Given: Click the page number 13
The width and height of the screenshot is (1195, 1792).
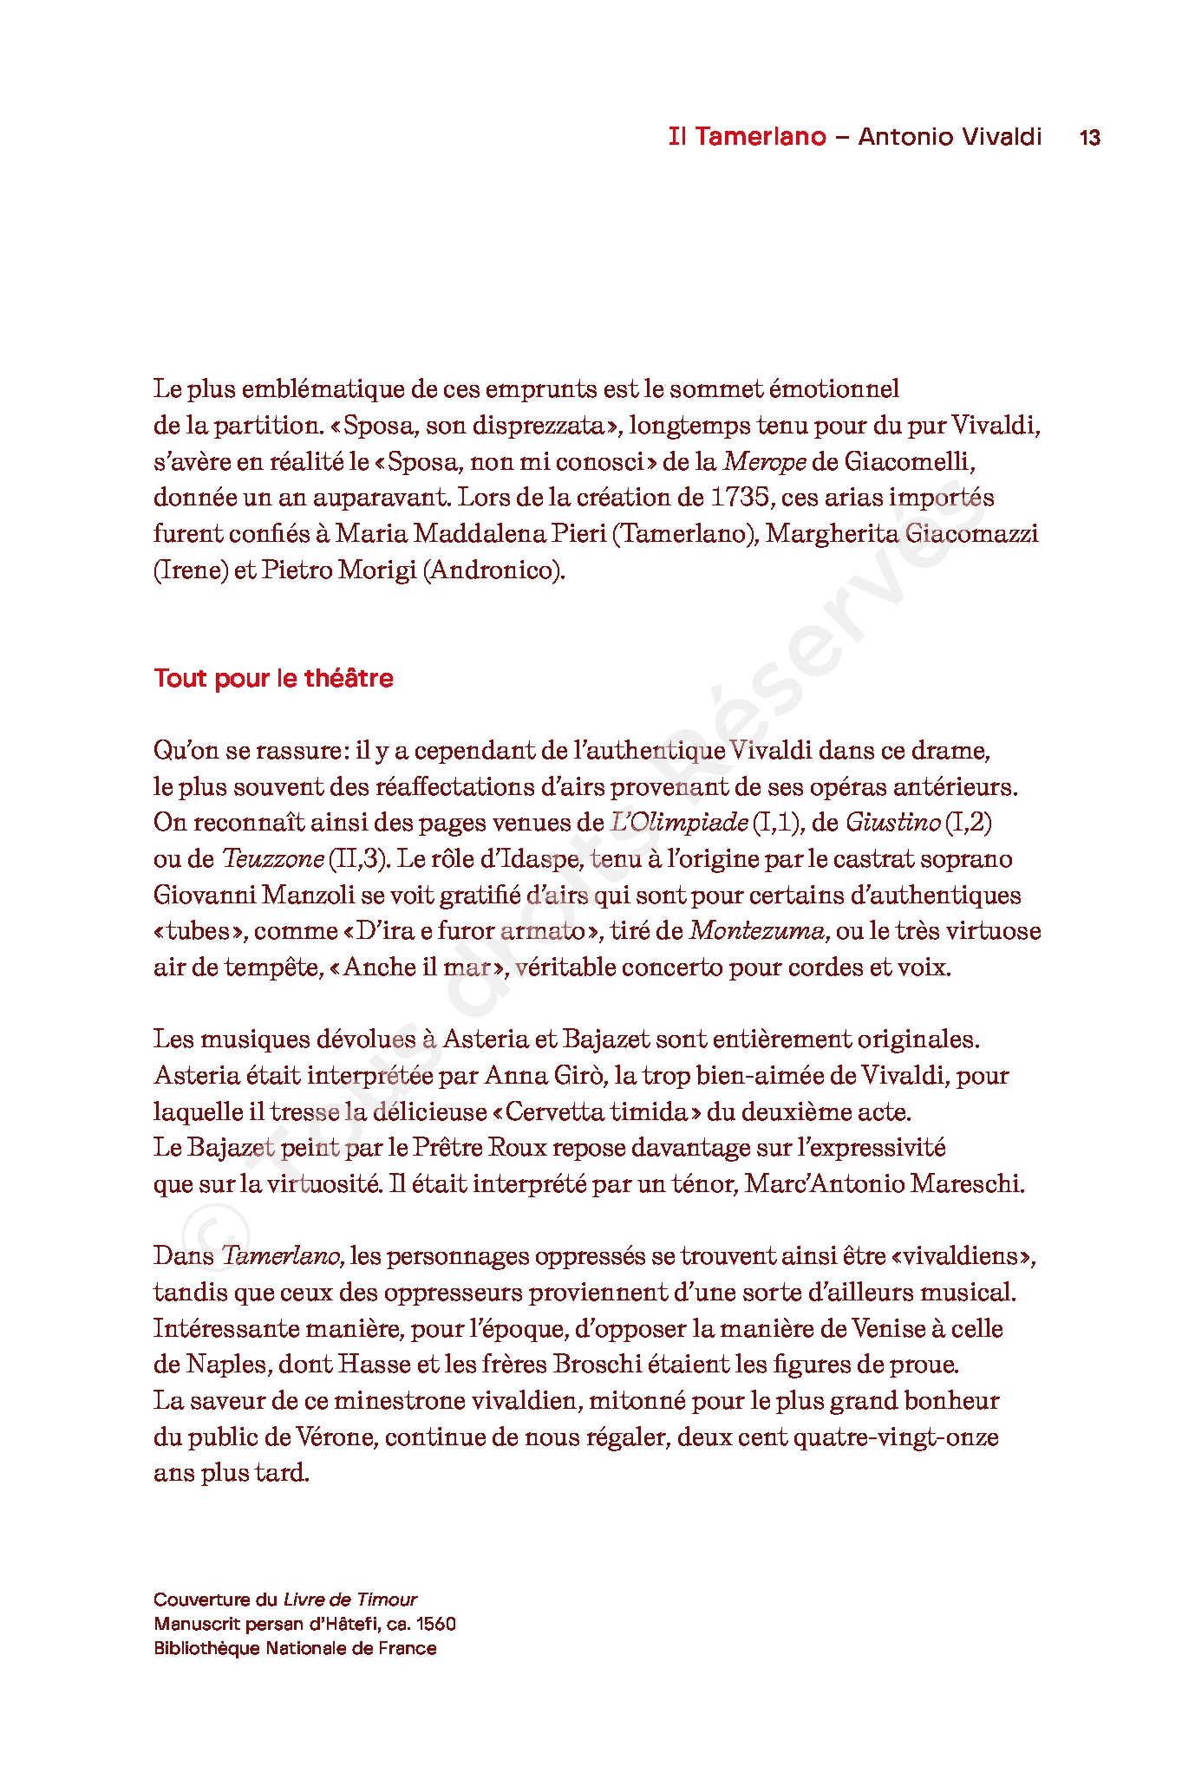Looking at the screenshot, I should click(x=1089, y=138).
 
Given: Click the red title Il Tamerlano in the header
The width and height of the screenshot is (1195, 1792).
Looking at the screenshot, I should click(x=747, y=137).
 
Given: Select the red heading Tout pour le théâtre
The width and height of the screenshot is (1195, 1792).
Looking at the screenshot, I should click(x=273, y=678).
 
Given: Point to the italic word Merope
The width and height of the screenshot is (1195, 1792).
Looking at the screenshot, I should click(x=765, y=462).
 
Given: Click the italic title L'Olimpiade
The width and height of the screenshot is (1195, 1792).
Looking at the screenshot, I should click(x=679, y=823).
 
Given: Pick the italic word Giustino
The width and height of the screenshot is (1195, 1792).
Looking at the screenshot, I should click(x=892, y=823).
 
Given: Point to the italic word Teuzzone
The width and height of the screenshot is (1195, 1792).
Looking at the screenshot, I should click(x=273, y=859).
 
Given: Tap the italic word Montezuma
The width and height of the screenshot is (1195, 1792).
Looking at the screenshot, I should click(x=757, y=931).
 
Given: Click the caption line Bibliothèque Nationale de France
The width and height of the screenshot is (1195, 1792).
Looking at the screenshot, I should click(x=295, y=1648).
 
